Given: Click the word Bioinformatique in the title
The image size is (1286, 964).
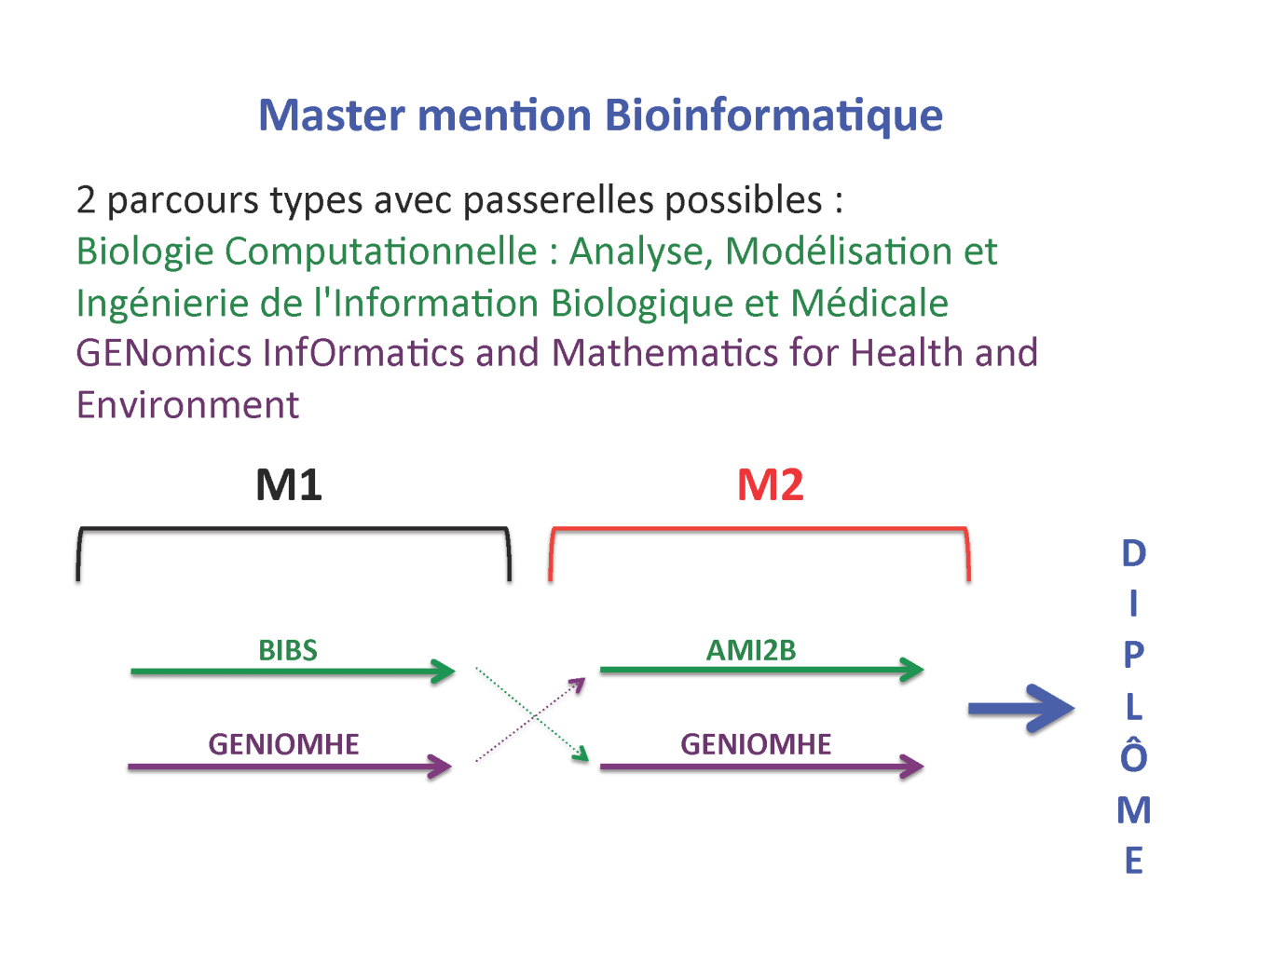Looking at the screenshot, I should click(773, 116).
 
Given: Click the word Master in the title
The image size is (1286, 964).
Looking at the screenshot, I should click(332, 116).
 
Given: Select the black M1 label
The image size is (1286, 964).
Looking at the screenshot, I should click(289, 485).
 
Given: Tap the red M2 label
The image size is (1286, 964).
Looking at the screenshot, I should click(770, 485).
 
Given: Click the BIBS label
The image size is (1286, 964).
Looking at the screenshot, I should click(288, 650).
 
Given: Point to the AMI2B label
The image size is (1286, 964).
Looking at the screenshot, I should click(751, 650).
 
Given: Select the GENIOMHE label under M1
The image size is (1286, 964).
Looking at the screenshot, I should click(283, 744).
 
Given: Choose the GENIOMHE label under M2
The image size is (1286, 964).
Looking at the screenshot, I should click(756, 744).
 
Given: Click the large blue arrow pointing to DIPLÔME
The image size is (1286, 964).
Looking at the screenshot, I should click(1020, 709).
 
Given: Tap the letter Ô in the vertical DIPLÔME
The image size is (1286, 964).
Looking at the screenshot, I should click(1133, 755).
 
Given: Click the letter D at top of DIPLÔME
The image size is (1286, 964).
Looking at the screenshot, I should click(1133, 553).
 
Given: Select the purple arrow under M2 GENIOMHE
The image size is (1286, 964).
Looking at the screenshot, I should click(760, 767).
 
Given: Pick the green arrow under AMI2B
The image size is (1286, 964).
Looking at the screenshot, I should click(760, 669).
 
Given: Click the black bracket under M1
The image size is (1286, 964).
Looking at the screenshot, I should click(294, 530).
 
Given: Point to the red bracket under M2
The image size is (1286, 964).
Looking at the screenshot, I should click(759, 530).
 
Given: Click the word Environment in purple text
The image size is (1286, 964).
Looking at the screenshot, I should click(187, 405).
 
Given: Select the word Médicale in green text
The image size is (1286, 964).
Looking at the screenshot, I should click(869, 304).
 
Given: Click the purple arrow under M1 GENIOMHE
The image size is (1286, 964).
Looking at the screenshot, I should click(289, 767).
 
